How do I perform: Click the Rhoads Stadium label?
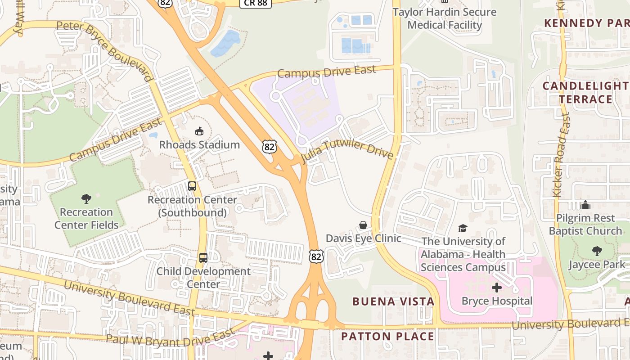pyautogui.click(x=199, y=144)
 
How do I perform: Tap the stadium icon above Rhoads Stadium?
pyautogui.click(x=199, y=131)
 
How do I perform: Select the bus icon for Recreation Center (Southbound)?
pyautogui.click(x=192, y=186)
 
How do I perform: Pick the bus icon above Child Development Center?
pyautogui.click(x=203, y=258)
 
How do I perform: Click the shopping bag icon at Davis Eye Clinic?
pyautogui.click(x=363, y=225)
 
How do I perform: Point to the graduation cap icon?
pyautogui.click(x=463, y=228)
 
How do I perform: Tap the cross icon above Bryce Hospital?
pyautogui.click(x=497, y=288)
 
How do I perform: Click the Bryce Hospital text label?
pyautogui.click(x=497, y=301)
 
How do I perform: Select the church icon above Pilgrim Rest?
pyautogui.click(x=585, y=205)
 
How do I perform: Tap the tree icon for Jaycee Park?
pyautogui.click(x=597, y=251)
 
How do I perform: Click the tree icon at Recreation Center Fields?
pyautogui.click(x=86, y=198)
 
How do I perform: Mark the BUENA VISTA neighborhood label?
pyautogui.click(x=393, y=301)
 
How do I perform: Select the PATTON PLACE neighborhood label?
pyautogui.click(x=387, y=336)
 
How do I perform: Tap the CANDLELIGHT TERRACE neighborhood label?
pyautogui.click(x=585, y=92)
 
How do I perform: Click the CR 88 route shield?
pyautogui.click(x=255, y=3)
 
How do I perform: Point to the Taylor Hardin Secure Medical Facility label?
pyautogui.click(x=445, y=18)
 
